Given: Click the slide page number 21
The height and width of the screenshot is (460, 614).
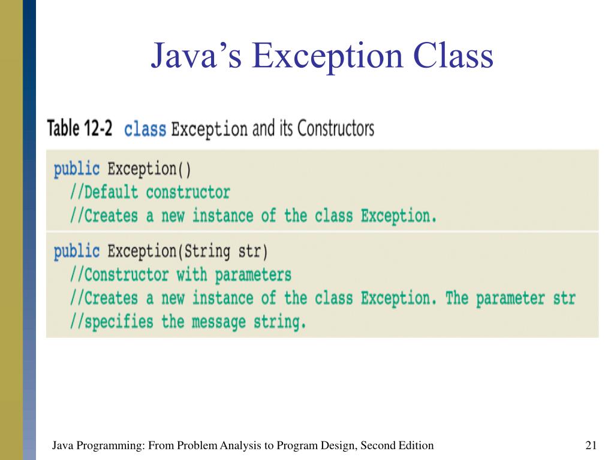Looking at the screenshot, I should click(591, 445).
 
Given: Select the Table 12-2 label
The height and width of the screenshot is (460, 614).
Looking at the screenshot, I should click(80, 129).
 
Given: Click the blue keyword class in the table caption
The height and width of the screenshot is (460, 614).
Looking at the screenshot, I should click(145, 129).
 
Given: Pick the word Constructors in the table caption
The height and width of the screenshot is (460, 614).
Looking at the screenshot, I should click(336, 129).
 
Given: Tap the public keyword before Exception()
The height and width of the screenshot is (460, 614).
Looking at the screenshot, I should click(77, 169).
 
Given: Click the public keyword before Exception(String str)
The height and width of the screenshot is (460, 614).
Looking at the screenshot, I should click(77, 251).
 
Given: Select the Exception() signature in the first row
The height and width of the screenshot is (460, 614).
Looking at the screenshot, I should click(149, 169).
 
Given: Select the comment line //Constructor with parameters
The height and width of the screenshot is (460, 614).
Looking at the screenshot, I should click(180, 275).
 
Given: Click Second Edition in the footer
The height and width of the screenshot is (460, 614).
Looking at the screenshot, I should click(398, 445).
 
